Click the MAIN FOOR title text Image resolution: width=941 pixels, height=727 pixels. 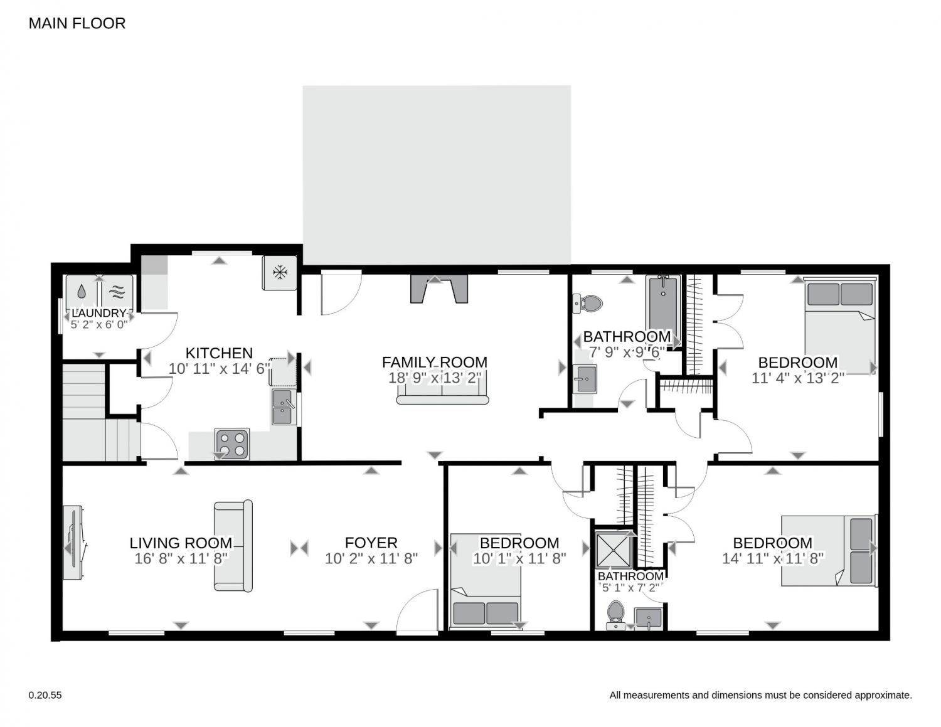(77, 23)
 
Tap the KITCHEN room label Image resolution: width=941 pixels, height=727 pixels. (219, 353)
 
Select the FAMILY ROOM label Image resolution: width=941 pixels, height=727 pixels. (434, 362)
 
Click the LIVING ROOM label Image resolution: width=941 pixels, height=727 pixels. (181, 543)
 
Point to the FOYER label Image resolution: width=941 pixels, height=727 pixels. (371, 543)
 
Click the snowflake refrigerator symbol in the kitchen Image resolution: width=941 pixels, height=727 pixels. (280, 272)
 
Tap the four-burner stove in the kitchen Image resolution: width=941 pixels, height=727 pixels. (232, 444)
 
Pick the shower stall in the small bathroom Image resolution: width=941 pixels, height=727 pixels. (614, 550)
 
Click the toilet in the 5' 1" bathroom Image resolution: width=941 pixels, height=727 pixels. (615, 615)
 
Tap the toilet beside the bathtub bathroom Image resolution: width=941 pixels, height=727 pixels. (588, 304)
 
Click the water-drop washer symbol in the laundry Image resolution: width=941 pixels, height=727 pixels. (82, 292)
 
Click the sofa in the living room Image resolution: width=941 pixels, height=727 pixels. (233, 546)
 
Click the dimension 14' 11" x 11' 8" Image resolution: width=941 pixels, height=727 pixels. (772, 558)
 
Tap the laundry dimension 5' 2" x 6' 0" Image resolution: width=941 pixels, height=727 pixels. (99, 324)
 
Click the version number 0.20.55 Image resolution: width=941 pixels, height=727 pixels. (45, 696)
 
